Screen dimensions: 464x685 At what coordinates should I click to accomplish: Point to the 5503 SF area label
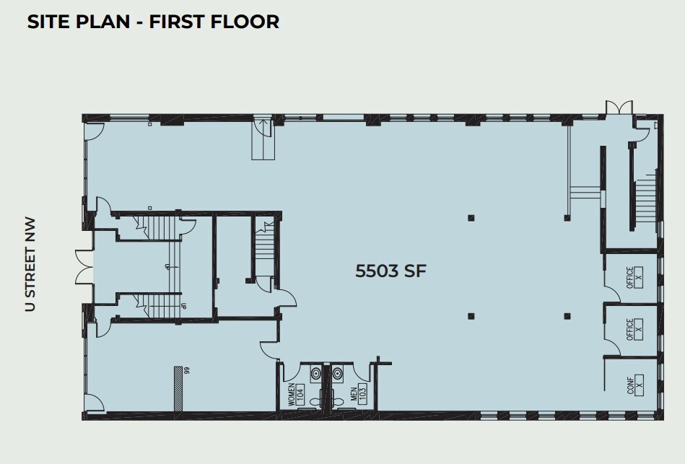[391, 271]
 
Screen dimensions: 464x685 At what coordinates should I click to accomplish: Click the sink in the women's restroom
[315, 374]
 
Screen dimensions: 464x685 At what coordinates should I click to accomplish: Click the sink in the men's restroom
[338, 374]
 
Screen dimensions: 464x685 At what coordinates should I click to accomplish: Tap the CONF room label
[634, 386]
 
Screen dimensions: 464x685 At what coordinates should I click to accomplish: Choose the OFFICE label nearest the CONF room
[634, 331]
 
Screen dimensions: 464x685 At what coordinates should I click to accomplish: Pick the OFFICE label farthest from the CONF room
[634, 277]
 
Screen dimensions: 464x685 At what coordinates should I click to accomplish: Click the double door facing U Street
[81, 266]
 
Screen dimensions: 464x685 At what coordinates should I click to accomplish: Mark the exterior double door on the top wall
[619, 108]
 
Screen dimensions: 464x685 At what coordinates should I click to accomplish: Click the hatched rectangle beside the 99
[178, 389]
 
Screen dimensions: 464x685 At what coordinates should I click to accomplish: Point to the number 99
[186, 370]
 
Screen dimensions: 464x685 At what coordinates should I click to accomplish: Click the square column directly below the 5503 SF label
[471, 315]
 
